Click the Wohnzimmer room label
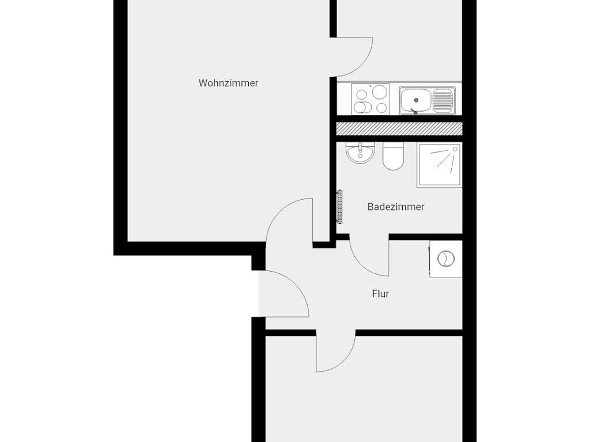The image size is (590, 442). coord(228,83)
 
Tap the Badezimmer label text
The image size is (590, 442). coord(396,207)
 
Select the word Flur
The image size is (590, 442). coord(380,294)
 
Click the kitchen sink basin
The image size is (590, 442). coord(415,100)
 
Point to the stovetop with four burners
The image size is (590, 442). coord(370,99)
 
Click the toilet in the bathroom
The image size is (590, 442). coord(393,157)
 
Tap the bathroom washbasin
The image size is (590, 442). coord(360,153)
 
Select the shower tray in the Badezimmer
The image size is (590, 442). coord(439,165)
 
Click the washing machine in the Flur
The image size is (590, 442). coord(445,259)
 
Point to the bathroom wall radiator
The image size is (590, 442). coord(340,207)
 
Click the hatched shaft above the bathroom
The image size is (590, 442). coord(399,128)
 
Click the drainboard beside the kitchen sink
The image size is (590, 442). coord(442,100)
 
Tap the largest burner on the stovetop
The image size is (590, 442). coord(379,92)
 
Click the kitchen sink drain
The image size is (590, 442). coord(416,100)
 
